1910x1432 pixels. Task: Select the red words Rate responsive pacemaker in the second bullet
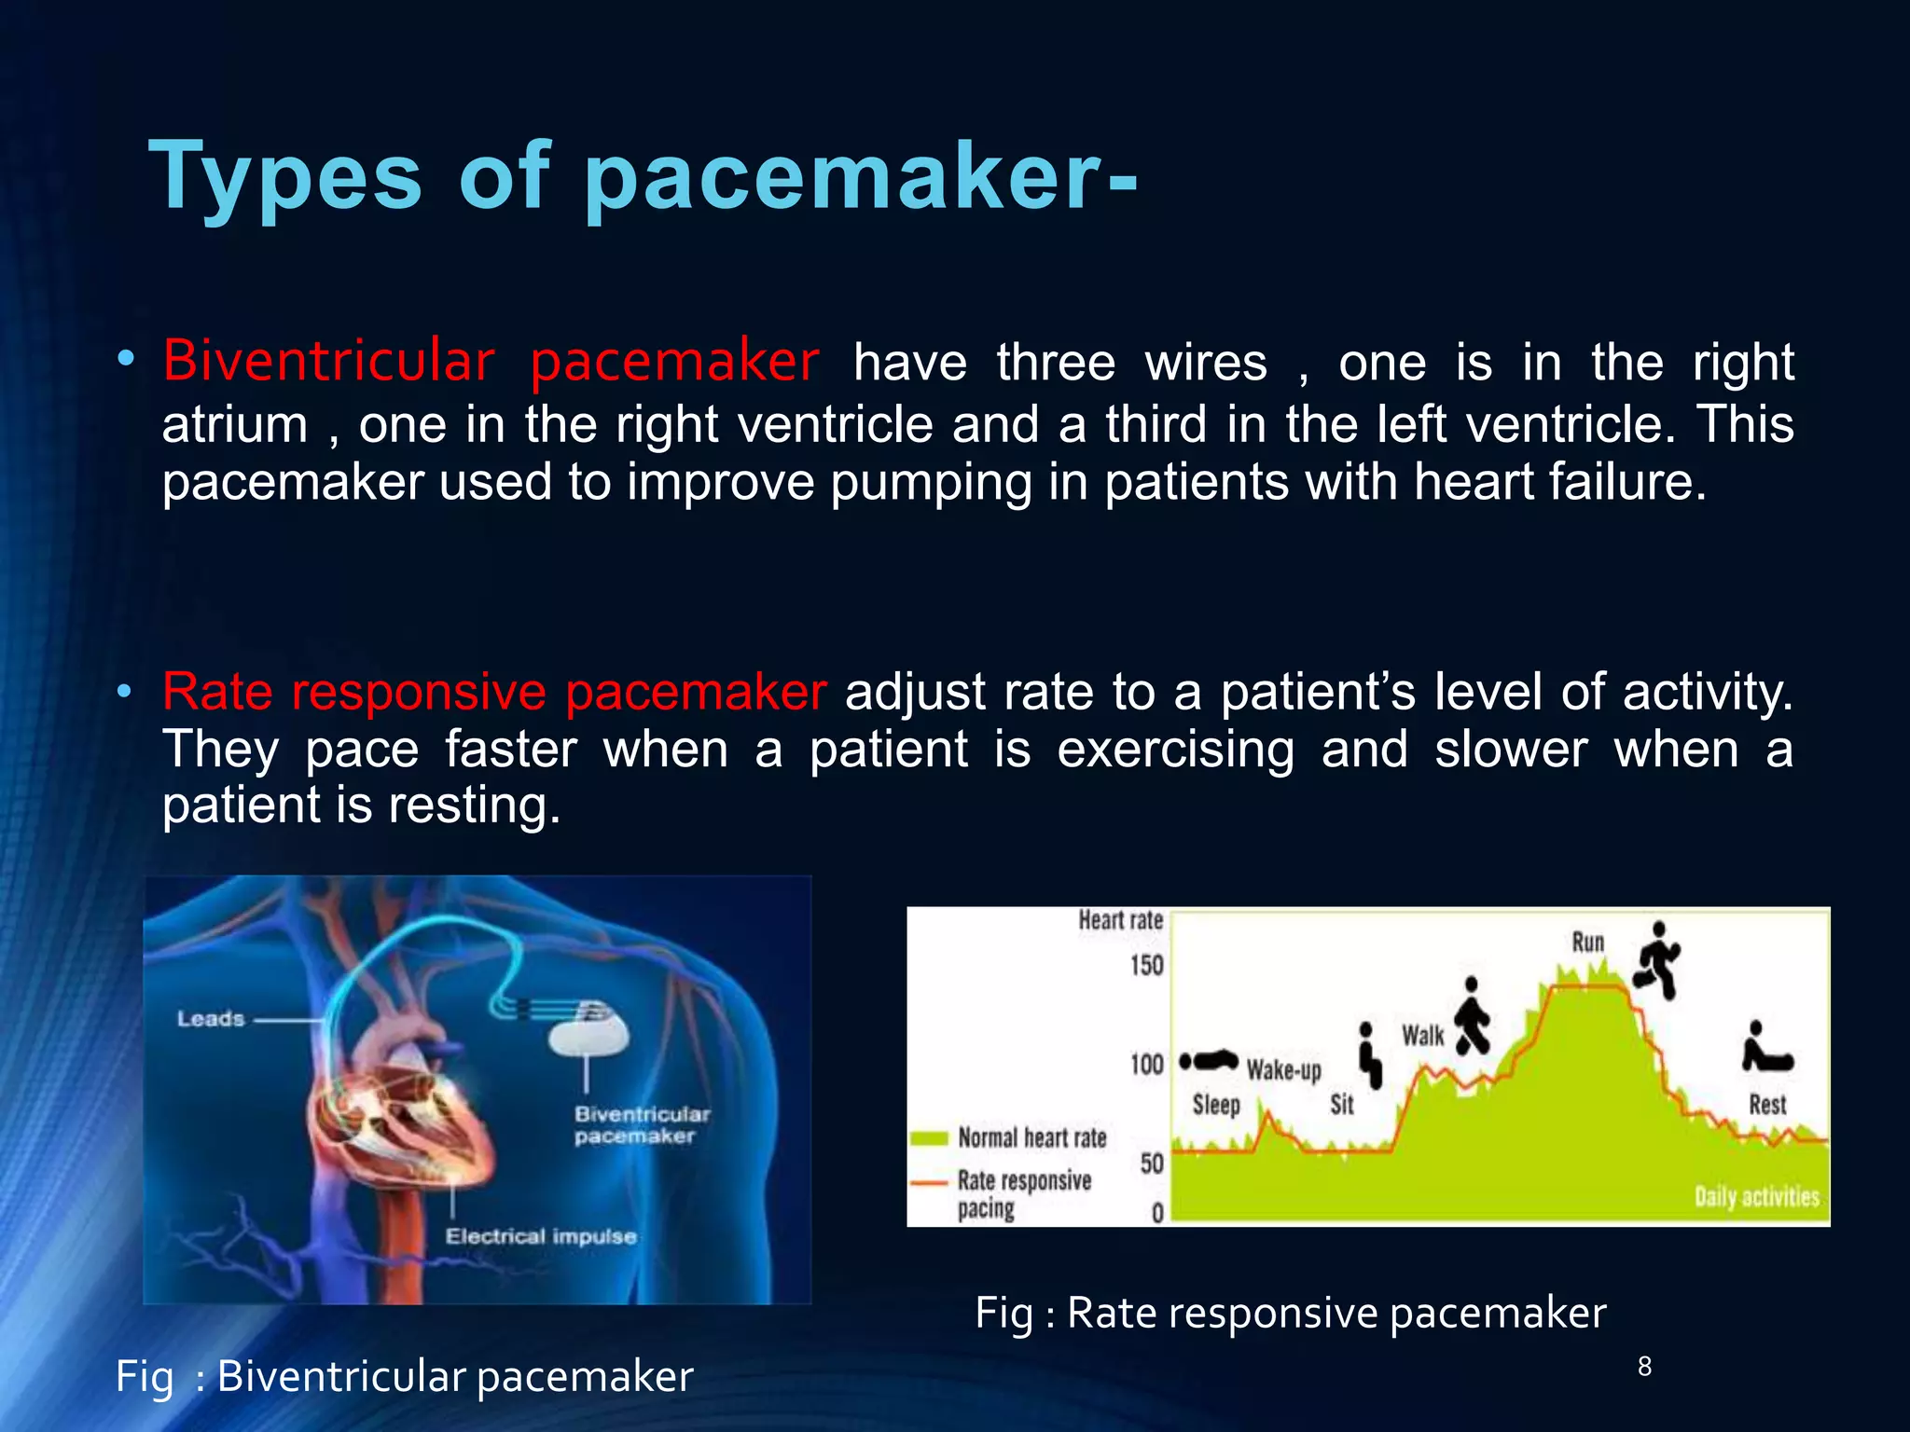[494, 692]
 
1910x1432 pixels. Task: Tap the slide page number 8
[1644, 1367]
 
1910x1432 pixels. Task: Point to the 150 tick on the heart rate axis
[1147, 965]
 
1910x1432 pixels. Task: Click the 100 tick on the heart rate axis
[1147, 1065]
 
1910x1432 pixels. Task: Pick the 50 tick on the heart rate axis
[1152, 1163]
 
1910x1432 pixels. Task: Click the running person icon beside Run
[1657, 960]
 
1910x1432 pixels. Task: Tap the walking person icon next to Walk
[1472, 1016]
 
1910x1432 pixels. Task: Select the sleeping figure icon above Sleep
[1209, 1061]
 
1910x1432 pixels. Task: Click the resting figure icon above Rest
[1766, 1049]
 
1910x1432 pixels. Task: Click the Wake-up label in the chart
[1283, 1070]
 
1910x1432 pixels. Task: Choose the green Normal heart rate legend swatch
[929, 1138]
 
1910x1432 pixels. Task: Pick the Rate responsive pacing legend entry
[1023, 1193]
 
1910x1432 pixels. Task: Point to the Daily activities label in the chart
[1756, 1197]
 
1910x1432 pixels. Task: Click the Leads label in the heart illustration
[211, 1019]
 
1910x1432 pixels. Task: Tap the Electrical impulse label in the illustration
[541, 1236]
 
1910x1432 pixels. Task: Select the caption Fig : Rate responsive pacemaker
[1291, 1313]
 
